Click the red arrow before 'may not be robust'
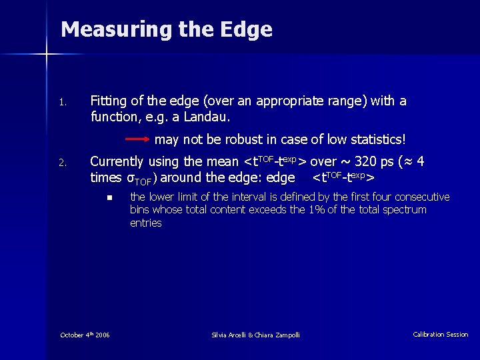pyautogui.click(x=138, y=140)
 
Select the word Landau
pyautogui.click(x=209, y=117)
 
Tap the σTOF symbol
pyautogui.click(x=139, y=178)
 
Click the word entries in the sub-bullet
pyautogui.click(x=145, y=223)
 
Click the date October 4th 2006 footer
pyautogui.click(x=85, y=335)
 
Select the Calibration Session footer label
pyautogui.click(x=440, y=335)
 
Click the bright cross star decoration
pyautogui.click(x=47, y=53)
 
